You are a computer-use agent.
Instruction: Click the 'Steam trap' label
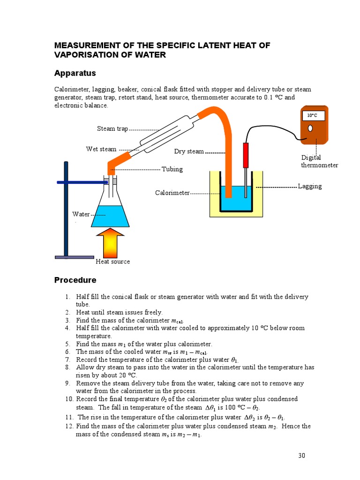click(x=112, y=129)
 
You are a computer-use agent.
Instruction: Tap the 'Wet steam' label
click(x=101, y=150)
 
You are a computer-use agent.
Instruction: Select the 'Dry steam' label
click(x=189, y=151)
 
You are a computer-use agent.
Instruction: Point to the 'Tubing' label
click(x=172, y=169)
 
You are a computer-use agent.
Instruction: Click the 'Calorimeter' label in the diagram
click(x=172, y=193)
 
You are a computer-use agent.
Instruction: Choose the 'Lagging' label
click(x=310, y=186)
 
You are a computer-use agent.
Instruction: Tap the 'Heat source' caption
click(x=112, y=262)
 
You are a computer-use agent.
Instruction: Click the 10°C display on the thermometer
click(x=312, y=115)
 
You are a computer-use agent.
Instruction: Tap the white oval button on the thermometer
click(x=310, y=127)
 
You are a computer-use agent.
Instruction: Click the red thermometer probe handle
click(x=245, y=155)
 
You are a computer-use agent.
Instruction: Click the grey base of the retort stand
click(x=74, y=257)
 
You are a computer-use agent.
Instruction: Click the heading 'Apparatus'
click(x=75, y=73)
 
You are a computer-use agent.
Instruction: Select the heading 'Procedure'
click(x=75, y=280)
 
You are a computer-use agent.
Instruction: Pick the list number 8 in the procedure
click(x=67, y=367)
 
